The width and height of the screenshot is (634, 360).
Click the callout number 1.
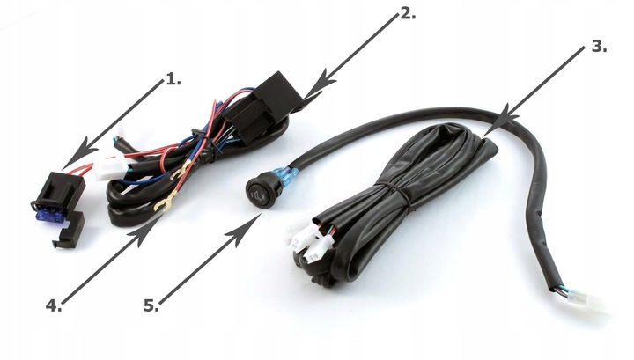point(173,79)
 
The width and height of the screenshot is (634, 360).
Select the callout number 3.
point(599,47)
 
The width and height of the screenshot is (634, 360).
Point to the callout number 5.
point(151,305)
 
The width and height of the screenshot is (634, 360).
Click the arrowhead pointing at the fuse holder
point(76,151)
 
